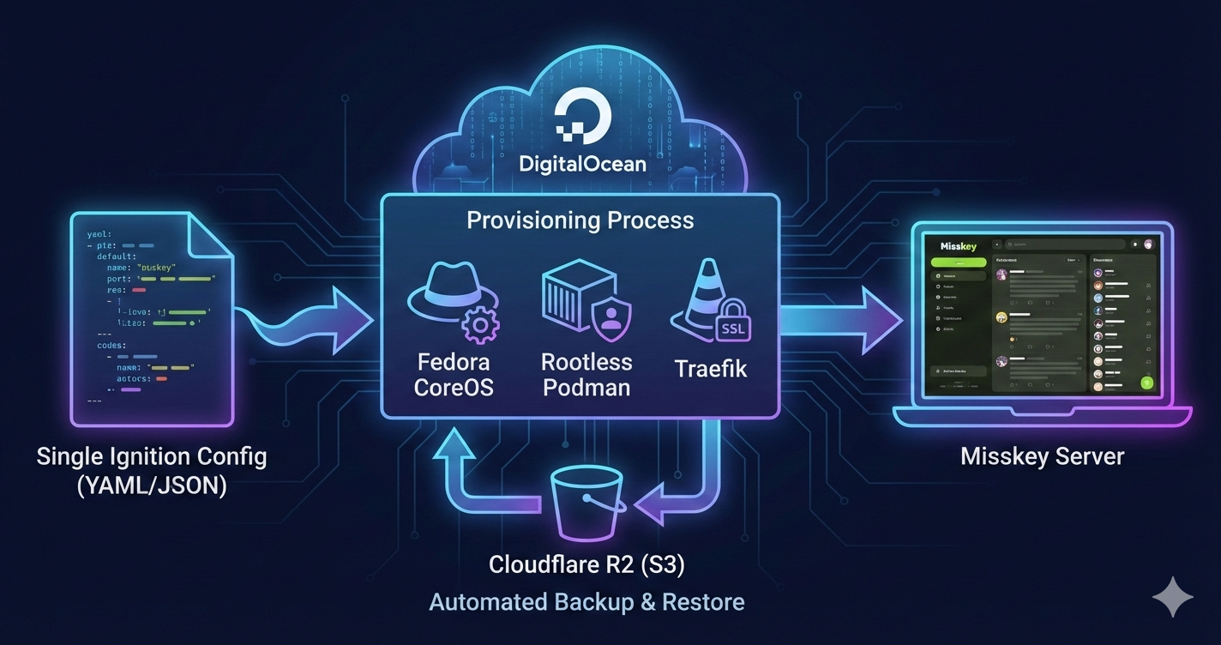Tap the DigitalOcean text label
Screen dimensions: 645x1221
[582, 162]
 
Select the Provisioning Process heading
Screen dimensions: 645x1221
[580, 220]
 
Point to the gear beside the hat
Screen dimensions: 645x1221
[480, 325]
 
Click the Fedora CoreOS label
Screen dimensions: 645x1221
[454, 374]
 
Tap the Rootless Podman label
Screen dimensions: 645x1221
[586, 374]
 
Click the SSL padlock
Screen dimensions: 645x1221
[732, 322]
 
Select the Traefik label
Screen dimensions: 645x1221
[711, 370]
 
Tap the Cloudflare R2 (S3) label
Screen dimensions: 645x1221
[586, 564]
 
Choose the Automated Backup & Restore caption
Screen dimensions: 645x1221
[586, 602]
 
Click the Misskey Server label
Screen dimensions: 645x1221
[1042, 455]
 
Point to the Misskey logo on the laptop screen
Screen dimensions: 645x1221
[959, 246]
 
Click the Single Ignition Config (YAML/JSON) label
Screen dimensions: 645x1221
[152, 470]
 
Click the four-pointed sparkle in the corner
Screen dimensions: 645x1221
[1172, 597]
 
